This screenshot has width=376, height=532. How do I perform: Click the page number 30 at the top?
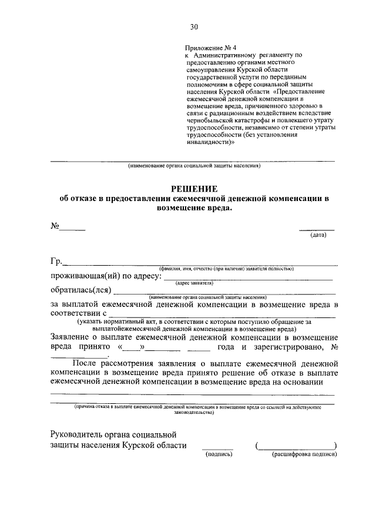[x=194, y=26]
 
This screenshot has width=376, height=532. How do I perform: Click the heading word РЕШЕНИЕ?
[x=194, y=188]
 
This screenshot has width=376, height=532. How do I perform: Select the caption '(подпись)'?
[x=219, y=454]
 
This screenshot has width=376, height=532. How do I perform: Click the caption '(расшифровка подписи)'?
[x=304, y=454]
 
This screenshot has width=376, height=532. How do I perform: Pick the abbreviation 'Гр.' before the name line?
[x=56, y=262]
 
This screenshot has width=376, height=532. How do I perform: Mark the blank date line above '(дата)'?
[x=317, y=229]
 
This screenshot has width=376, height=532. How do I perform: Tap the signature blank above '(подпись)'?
[x=217, y=448]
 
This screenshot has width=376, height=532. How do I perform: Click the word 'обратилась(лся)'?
[x=80, y=289]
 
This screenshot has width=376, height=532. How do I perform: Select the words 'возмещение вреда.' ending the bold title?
[x=194, y=208]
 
